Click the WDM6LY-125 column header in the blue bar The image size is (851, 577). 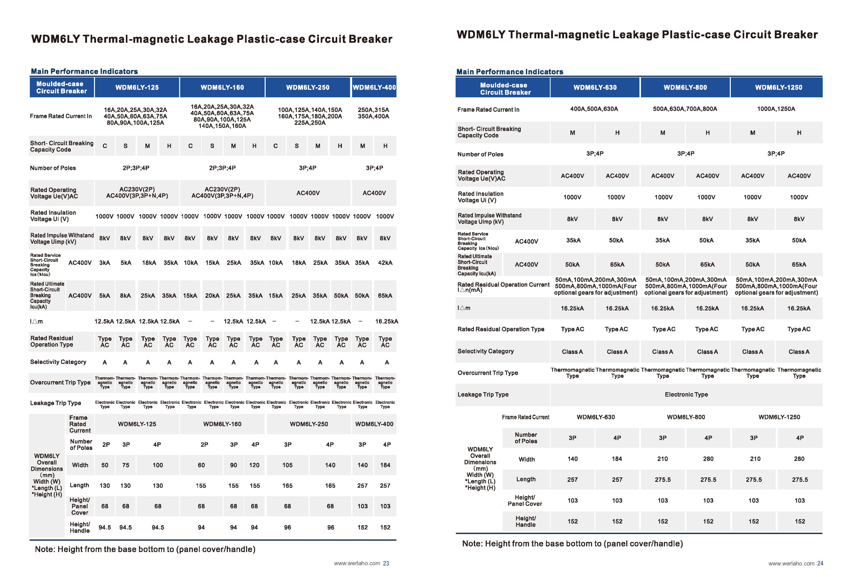coord(137,87)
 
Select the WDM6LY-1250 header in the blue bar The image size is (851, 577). coord(778,87)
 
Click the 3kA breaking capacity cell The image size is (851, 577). coord(105,262)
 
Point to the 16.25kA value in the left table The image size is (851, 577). coord(386,321)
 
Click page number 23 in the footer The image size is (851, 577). coord(386,563)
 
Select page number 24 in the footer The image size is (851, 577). coord(820,563)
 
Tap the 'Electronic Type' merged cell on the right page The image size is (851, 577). coord(686,394)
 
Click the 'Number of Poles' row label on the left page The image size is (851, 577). coord(53,168)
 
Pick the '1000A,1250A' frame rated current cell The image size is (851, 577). coord(776,109)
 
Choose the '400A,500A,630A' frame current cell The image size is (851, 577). coord(594,109)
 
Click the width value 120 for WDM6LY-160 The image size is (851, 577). coord(254,465)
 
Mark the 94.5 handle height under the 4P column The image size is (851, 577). coord(158,527)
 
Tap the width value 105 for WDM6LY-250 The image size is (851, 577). coord(287,465)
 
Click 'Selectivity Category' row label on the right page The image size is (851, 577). coord(486,351)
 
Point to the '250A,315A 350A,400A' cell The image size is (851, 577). coord(373,113)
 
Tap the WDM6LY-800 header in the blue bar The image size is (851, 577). coord(685,87)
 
